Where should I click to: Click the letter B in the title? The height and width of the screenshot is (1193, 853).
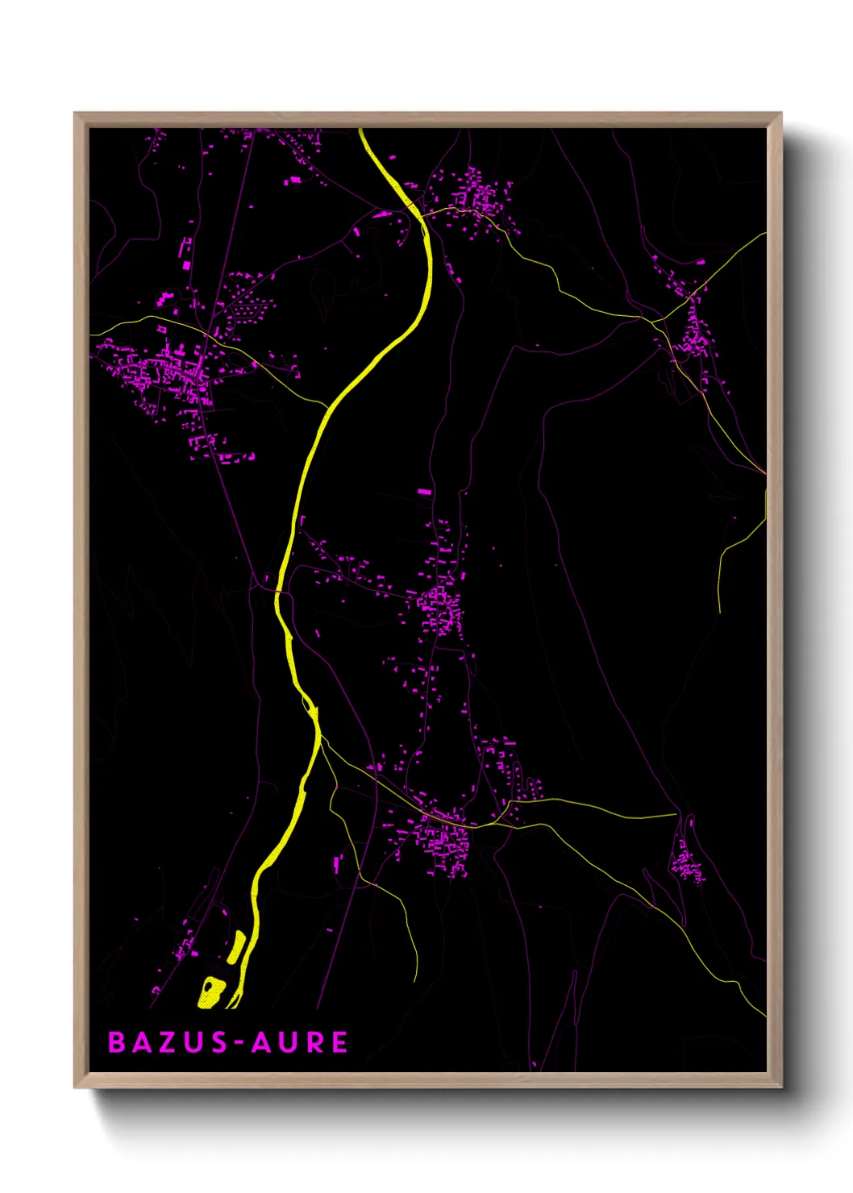[118, 1042]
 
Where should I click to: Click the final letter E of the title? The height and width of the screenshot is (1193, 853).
[339, 1042]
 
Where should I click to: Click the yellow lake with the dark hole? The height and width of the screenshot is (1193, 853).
[211, 992]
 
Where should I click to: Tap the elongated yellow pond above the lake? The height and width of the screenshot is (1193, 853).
[236, 946]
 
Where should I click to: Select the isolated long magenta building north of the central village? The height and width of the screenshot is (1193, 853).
[423, 491]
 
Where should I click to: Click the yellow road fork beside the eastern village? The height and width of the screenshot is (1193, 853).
[663, 322]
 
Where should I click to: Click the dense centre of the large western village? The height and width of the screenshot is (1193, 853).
[173, 375]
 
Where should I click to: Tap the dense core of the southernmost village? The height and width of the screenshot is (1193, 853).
[443, 838]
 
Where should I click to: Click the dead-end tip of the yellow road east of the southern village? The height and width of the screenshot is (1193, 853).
[676, 814]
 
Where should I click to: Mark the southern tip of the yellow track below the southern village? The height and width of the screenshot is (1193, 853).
[416, 981]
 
